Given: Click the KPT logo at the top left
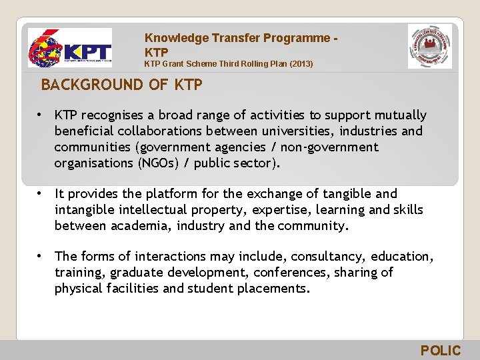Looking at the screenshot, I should coord(70,48).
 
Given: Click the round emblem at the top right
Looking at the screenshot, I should coord(429,46).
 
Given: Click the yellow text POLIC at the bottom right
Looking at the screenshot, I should coord(440,351).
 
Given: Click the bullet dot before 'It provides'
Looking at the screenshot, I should coord(41,193).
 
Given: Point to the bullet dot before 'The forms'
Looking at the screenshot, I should coord(41,256).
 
